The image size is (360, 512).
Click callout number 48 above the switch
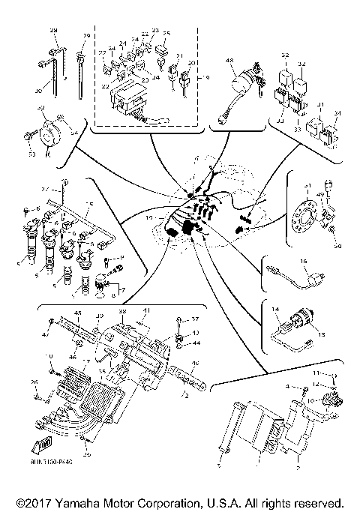[229, 61]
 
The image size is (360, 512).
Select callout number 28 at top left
[53, 29]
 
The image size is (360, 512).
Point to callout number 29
[86, 37]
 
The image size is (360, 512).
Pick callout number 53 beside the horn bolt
[32, 155]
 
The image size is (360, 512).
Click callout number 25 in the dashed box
[166, 34]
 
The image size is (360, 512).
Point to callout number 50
[337, 246]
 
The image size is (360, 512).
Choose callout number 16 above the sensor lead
[304, 262]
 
